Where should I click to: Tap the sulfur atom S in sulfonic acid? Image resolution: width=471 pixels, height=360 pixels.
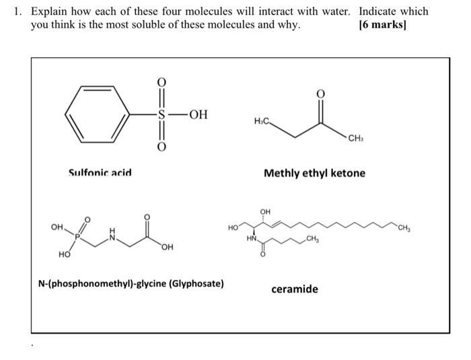pos(161,114)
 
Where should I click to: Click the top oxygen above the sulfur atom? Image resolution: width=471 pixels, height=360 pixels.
pos(161,81)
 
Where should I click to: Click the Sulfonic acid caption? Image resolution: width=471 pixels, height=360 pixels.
pos(100,172)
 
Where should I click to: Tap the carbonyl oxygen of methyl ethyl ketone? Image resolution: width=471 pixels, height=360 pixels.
pos(320,94)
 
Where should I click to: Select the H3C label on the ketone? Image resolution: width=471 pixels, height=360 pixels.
pos(262,121)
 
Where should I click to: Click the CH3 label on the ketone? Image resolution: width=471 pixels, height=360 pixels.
pos(357,139)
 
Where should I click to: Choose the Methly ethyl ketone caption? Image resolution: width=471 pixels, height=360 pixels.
pos(314,173)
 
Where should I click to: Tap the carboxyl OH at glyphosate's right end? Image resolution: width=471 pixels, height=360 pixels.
pos(166,246)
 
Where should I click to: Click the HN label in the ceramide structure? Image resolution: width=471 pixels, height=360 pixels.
pos(252,238)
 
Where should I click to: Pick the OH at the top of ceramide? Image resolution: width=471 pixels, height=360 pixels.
pos(265,212)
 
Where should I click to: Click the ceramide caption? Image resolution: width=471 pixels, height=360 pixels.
pos(295,289)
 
